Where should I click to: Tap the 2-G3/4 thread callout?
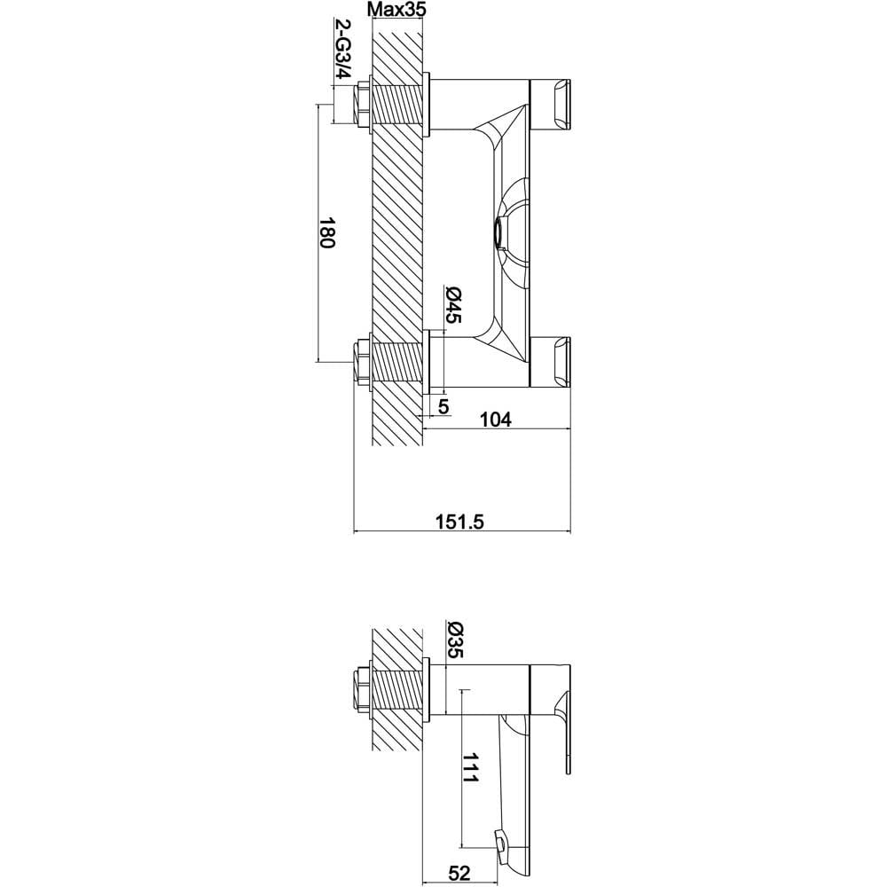click(343, 49)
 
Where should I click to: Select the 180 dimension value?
click(327, 232)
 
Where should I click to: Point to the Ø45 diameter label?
click(453, 305)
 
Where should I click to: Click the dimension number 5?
click(443, 406)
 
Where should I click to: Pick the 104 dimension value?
click(495, 420)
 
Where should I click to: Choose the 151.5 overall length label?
click(459, 521)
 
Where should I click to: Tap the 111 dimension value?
click(471, 767)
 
